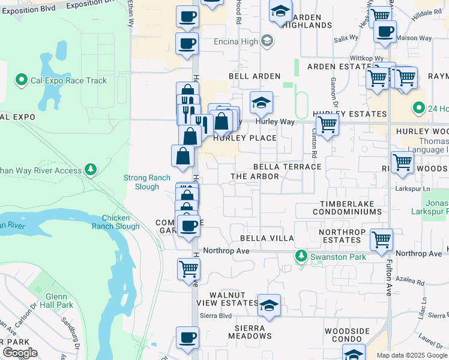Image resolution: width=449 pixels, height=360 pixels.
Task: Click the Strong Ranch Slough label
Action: [142, 182]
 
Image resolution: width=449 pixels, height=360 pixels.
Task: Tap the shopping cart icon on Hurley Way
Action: [327, 125]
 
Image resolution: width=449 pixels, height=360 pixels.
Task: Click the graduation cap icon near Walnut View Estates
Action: [270, 305]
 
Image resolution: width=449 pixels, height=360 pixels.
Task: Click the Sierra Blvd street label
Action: [216, 315]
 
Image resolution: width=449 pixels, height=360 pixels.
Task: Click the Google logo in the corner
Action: [20, 353]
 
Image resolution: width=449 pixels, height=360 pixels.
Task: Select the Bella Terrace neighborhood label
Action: [287, 167]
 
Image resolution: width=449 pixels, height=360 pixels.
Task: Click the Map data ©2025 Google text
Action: [412, 355]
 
